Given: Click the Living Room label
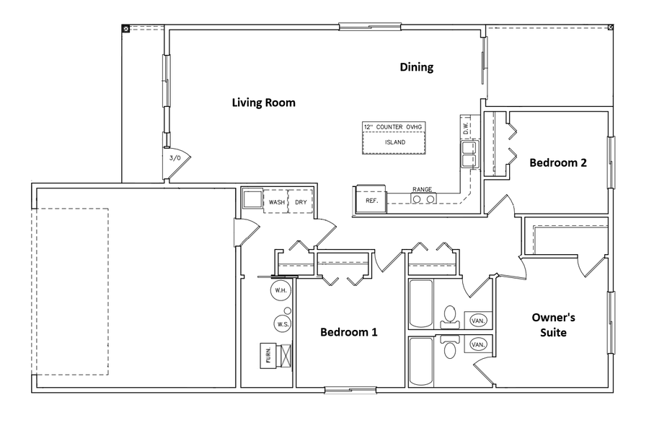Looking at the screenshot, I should [263, 103].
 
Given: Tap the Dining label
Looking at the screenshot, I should [417, 67].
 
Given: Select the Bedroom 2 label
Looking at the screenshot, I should [557, 162].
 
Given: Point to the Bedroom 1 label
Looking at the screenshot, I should [348, 332].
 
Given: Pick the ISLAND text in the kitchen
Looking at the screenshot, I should [394, 142].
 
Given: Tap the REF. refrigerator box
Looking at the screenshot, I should [371, 200].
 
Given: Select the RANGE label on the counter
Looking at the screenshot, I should [422, 190].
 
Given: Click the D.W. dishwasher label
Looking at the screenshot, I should [467, 128].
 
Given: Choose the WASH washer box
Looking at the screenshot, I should [276, 202].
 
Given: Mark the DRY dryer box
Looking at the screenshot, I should [301, 202].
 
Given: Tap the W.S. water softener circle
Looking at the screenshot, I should [283, 324].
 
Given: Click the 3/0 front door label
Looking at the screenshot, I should [175, 157].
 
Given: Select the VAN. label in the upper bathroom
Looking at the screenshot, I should [477, 320].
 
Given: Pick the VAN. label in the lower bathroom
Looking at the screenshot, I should [477, 345].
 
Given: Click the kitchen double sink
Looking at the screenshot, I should [469, 154].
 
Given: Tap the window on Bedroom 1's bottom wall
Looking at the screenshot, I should [340, 391].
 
